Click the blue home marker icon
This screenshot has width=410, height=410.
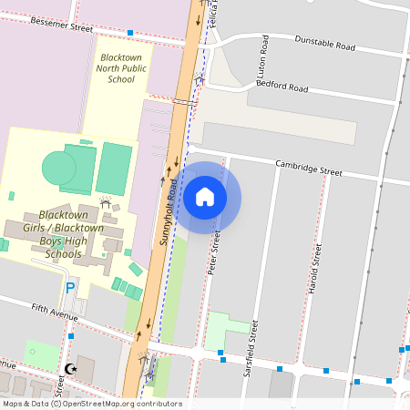coord(205,197)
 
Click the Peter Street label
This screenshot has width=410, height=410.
coord(215,253)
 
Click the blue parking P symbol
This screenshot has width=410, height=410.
coord(70,288)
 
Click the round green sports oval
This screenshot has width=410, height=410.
coord(59,168)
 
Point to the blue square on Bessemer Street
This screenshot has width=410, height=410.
coord(130,33)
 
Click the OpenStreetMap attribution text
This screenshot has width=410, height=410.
coord(92,404)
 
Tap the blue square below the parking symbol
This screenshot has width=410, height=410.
coord(70,336)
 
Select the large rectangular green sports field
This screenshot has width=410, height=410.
coord(114,166)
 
